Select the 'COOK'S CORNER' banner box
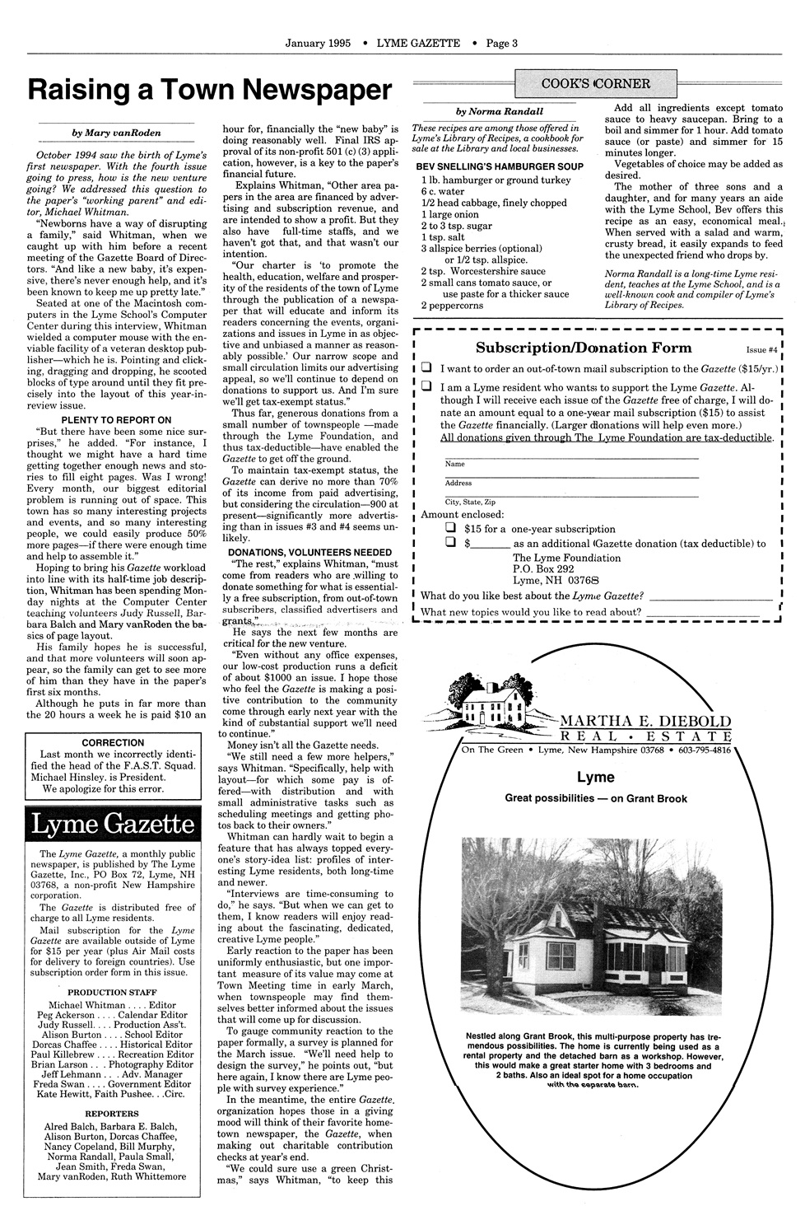point(596,83)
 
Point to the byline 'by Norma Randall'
point(500,111)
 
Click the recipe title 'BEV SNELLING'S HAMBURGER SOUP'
point(500,166)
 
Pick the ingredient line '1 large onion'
point(449,214)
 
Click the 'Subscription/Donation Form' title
point(584,348)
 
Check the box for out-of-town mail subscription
point(426,367)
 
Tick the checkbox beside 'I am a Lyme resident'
point(426,386)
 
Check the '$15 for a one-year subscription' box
point(450,527)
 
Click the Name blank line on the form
point(570,457)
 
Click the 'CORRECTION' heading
point(114,742)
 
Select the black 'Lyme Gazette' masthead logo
point(114,824)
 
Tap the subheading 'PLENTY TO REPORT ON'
point(114,420)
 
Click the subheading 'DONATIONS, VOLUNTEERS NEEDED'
point(309,552)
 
